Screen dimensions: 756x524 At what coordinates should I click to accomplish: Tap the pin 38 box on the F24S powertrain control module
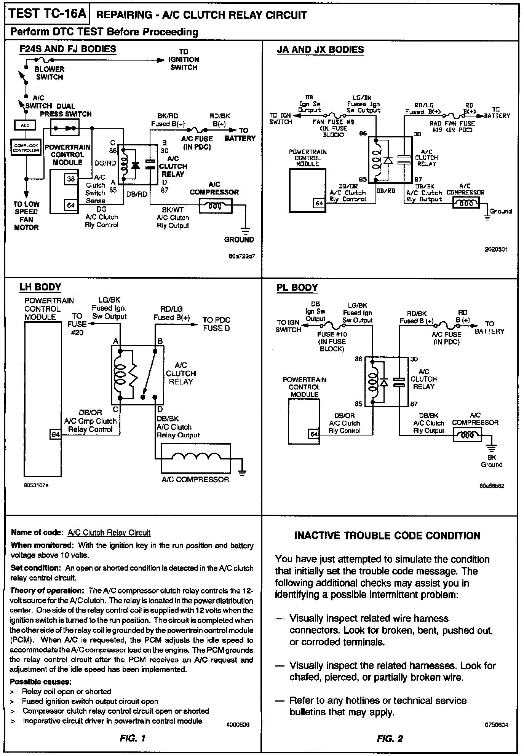tap(71, 179)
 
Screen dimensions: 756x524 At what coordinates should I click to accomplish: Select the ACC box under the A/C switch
tap(25, 125)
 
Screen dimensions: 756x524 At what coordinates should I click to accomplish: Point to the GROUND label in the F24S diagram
tap(239, 239)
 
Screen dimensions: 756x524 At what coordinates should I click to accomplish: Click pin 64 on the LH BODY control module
tap(56, 434)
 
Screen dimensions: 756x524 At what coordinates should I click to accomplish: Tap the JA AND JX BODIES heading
tap(320, 50)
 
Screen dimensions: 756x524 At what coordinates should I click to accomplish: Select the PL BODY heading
tap(297, 287)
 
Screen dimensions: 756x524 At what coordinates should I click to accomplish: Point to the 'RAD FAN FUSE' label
tap(452, 123)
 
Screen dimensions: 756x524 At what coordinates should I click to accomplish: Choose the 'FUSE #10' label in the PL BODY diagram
tap(332, 334)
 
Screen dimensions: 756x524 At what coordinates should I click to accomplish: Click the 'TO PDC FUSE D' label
tap(216, 324)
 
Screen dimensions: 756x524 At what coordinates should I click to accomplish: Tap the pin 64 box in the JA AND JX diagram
tap(319, 203)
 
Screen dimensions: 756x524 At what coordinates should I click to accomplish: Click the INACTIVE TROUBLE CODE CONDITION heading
tap(387, 536)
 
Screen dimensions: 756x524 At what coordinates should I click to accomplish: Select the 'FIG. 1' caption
tap(132, 738)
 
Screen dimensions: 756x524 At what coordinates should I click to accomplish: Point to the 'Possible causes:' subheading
tap(41, 681)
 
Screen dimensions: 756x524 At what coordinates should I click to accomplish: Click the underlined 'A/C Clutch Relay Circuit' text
tap(109, 533)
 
